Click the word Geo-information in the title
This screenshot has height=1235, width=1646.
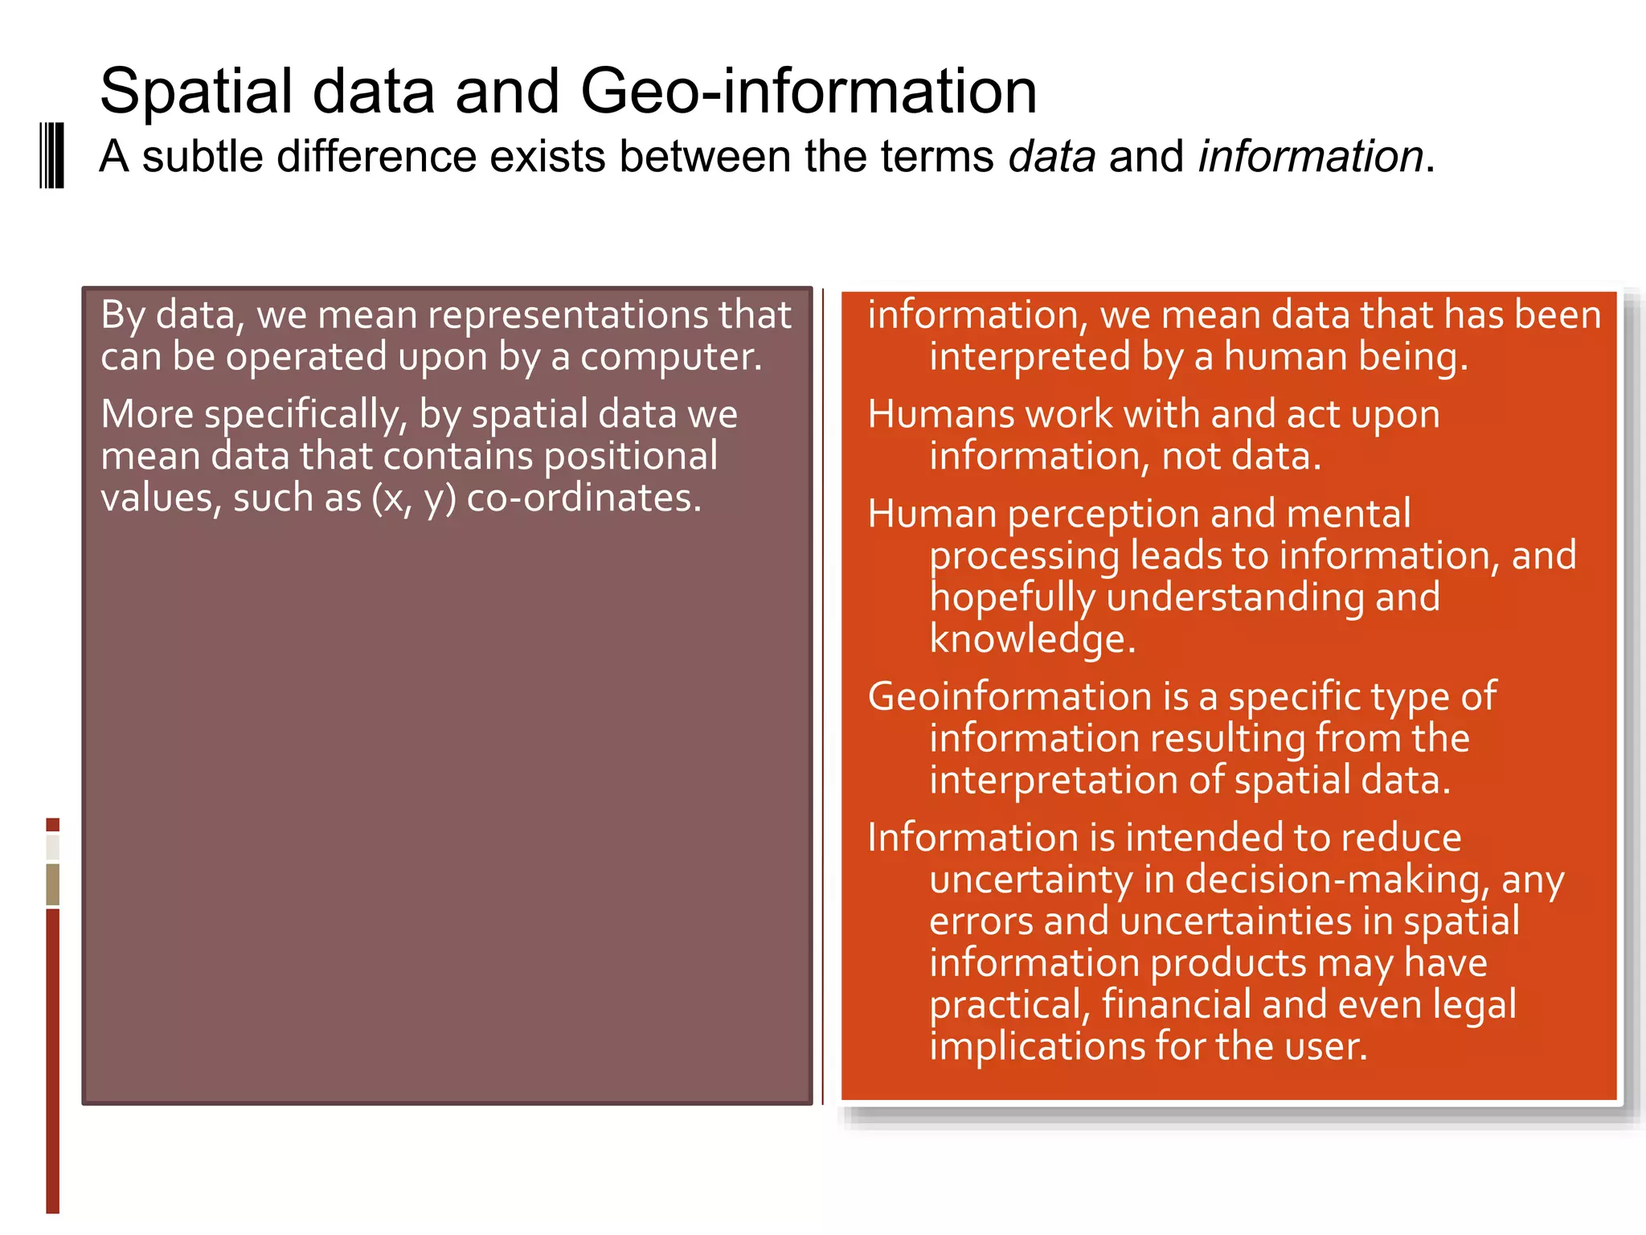click(808, 91)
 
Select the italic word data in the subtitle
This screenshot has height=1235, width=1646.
click(1052, 156)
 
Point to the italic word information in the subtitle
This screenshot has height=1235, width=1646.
click(1311, 156)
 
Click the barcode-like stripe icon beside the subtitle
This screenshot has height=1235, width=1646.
click(52, 156)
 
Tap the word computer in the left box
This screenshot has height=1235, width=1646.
click(671, 357)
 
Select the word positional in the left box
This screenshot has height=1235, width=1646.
click(630, 457)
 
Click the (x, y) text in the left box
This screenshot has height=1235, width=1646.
click(413, 499)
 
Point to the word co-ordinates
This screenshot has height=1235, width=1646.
click(584, 499)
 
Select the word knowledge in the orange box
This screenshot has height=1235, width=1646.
click(1032, 639)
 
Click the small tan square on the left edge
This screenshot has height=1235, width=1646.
click(53, 884)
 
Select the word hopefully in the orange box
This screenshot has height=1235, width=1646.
click(1012, 598)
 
